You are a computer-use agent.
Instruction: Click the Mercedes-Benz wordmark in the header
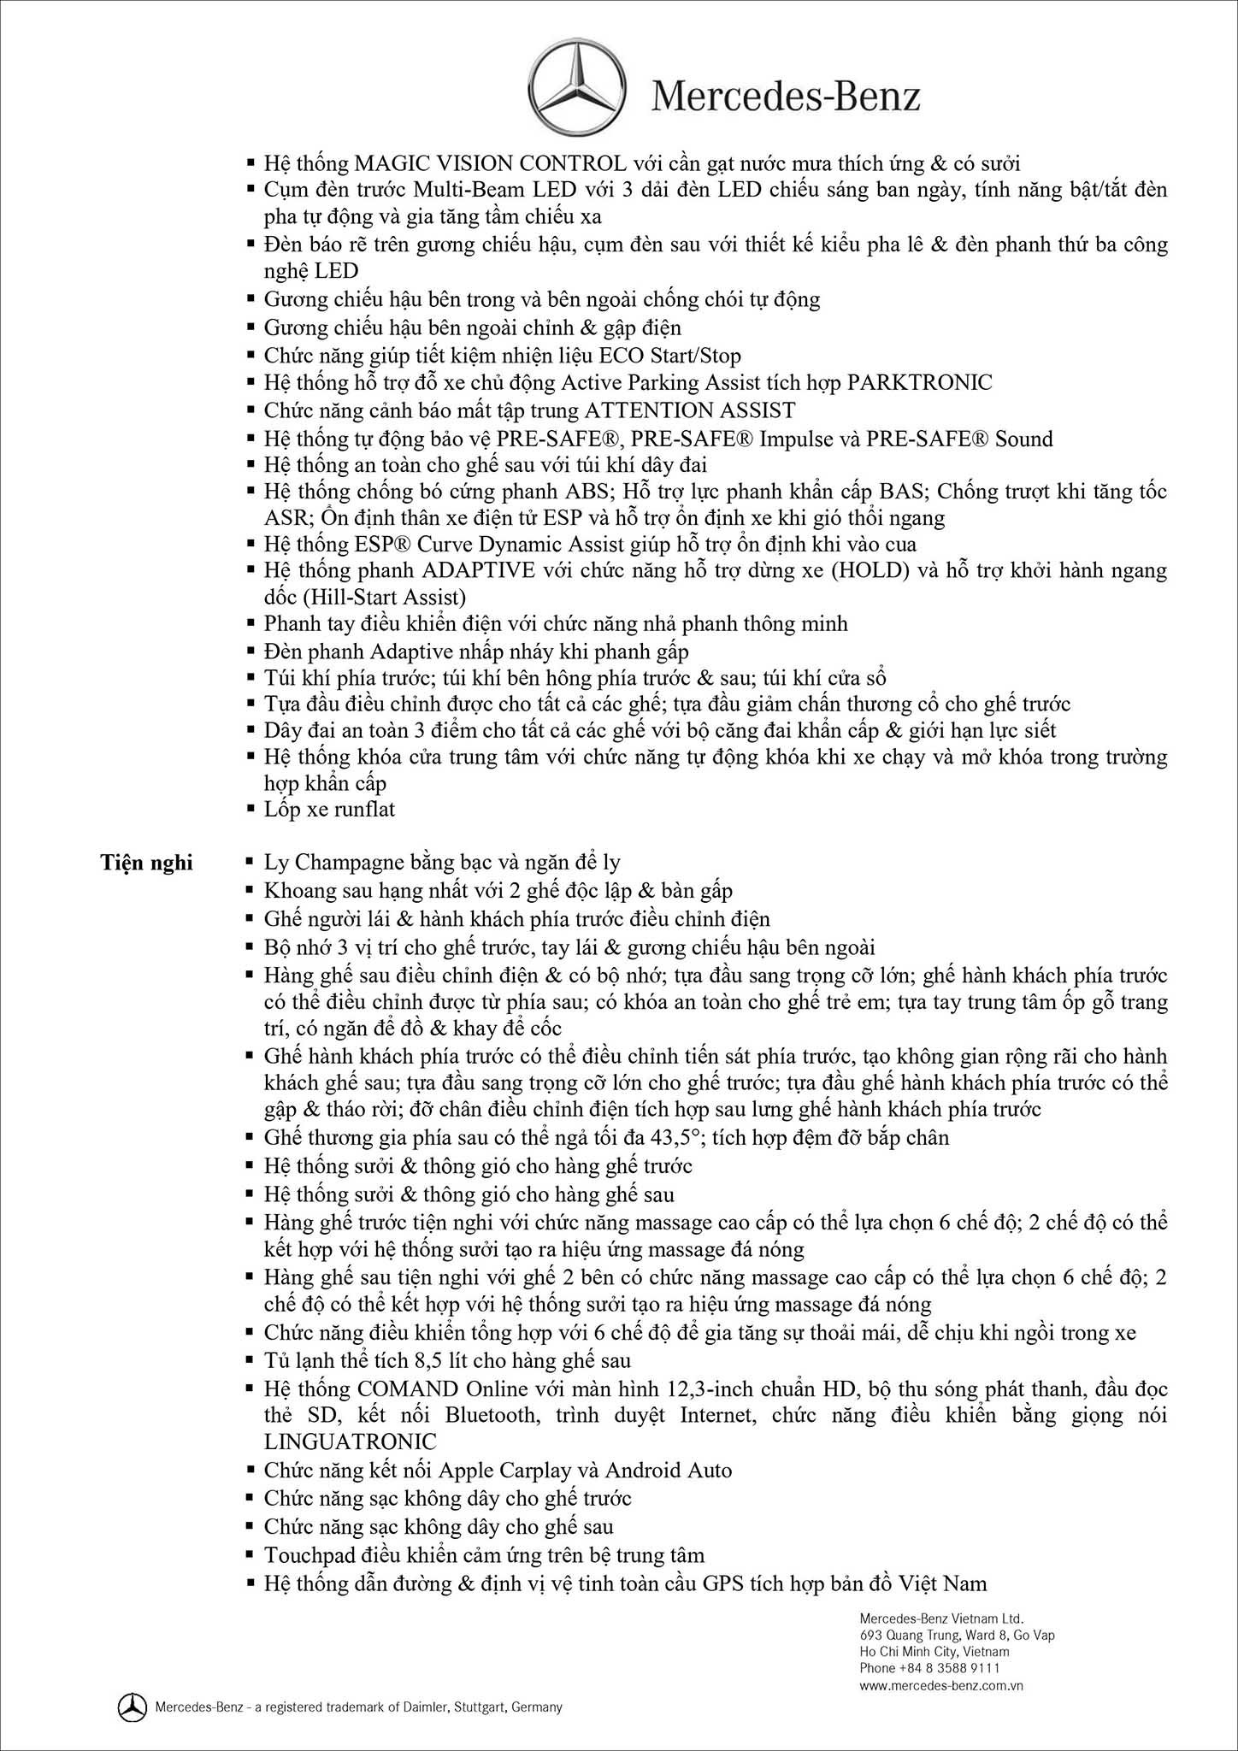(786, 97)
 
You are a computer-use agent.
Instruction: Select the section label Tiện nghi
(146, 863)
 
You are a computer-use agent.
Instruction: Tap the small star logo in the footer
(132, 1707)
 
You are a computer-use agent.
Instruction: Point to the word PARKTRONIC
(919, 382)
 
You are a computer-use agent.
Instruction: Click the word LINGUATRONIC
(351, 1441)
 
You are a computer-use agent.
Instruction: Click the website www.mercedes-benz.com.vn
(941, 1686)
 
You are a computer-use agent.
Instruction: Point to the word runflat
(364, 809)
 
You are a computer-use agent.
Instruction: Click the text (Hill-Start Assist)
(365, 597)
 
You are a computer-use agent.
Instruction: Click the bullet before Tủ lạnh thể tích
(251, 1360)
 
